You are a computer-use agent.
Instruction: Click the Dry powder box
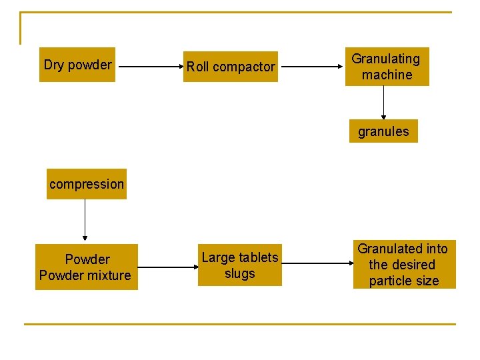(x=77, y=65)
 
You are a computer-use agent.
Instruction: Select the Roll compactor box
(x=231, y=67)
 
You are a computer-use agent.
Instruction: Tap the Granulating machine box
(x=387, y=67)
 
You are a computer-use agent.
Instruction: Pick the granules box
(x=383, y=131)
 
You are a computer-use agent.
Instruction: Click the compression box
(x=87, y=184)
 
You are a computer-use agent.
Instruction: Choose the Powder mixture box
(x=87, y=267)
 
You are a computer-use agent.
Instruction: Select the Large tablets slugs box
(x=240, y=266)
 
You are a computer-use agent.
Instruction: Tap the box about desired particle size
(x=404, y=265)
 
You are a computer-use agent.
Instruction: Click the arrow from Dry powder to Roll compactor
(x=149, y=67)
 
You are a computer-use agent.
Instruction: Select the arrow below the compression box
(x=85, y=220)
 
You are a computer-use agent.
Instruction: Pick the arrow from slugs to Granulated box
(x=317, y=266)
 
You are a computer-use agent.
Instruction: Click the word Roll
(x=197, y=67)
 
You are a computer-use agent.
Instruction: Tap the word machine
(x=387, y=75)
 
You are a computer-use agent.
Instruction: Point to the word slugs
(x=240, y=274)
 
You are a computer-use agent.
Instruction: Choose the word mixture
(x=108, y=275)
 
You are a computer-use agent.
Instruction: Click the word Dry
(x=54, y=65)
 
